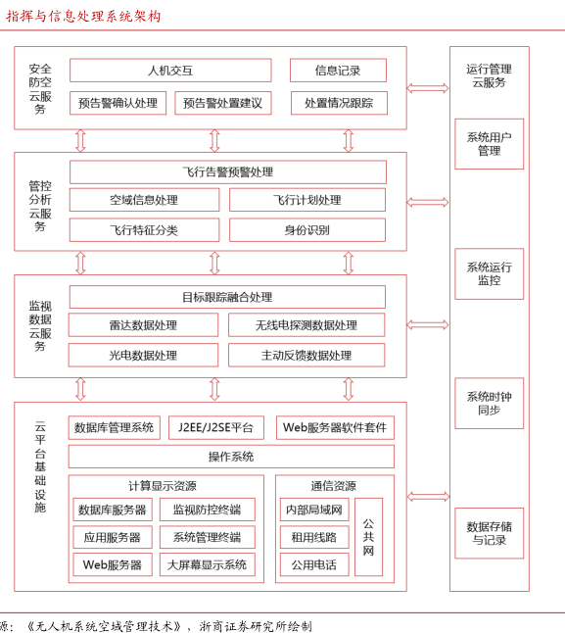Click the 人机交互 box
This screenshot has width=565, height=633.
170,71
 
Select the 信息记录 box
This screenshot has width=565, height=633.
338,71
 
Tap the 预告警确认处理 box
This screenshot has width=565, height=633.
118,103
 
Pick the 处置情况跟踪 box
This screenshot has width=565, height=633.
339,103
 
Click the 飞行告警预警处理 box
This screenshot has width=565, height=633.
228,172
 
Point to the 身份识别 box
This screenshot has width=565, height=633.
307,230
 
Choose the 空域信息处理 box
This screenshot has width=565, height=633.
144,200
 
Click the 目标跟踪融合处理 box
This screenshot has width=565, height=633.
227,297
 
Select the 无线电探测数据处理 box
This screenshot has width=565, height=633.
306,325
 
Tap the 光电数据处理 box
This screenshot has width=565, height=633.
143,356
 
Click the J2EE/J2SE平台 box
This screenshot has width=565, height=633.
216,427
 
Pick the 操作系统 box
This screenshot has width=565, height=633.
231,457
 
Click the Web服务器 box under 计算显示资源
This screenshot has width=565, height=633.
113,564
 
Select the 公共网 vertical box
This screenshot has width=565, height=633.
368,537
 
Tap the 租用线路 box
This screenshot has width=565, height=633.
314,537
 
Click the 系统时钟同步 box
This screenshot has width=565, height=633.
490,404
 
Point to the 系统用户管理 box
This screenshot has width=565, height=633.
490,144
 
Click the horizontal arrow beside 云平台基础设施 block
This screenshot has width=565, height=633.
428,496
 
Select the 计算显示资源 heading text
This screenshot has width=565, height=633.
163,486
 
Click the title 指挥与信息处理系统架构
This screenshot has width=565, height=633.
83,16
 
